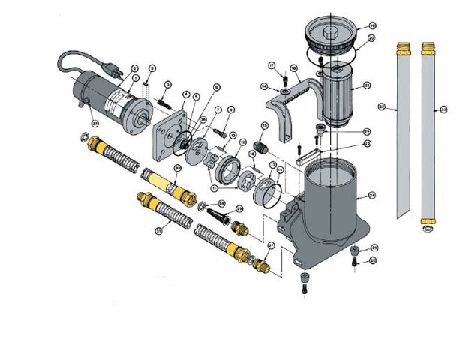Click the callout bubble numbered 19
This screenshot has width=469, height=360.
(x=371, y=26)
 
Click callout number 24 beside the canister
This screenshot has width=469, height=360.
(x=371, y=196)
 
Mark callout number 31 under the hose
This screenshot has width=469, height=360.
(x=159, y=231)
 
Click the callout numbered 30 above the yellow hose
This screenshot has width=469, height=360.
(x=177, y=168)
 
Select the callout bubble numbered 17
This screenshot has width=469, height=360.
(x=272, y=65)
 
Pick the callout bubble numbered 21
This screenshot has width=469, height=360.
(x=368, y=85)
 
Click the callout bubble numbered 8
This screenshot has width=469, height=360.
(x=152, y=68)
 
